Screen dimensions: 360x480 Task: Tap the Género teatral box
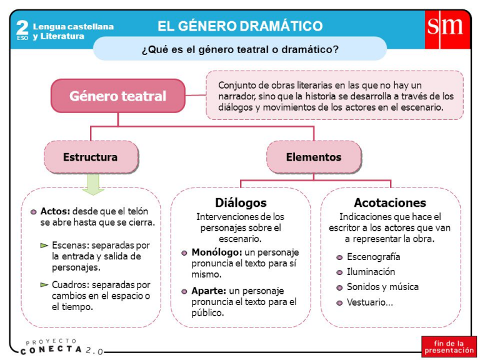pyautogui.click(x=117, y=96)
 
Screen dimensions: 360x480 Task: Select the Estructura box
pyautogui.click(x=90, y=157)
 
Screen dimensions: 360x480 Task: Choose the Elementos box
pyautogui.click(x=314, y=157)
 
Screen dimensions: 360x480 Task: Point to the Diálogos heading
pyautogui.click(x=241, y=203)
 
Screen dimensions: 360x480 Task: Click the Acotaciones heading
pyautogui.click(x=390, y=203)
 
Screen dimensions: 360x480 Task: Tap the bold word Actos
pyautogui.click(x=53, y=211)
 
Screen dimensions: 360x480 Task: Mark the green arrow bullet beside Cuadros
pyautogui.click(x=44, y=285)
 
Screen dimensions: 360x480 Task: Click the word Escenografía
pyautogui.click(x=374, y=257)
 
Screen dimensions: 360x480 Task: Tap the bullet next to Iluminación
pyautogui.click(x=339, y=272)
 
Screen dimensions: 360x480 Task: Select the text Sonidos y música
pyautogui.click(x=382, y=287)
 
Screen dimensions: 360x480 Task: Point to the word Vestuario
pyautogui.click(x=368, y=302)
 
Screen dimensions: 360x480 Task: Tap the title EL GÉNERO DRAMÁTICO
pyautogui.click(x=240, y=26)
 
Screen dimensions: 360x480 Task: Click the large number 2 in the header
pyautogui.click(x=22, y=27)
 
